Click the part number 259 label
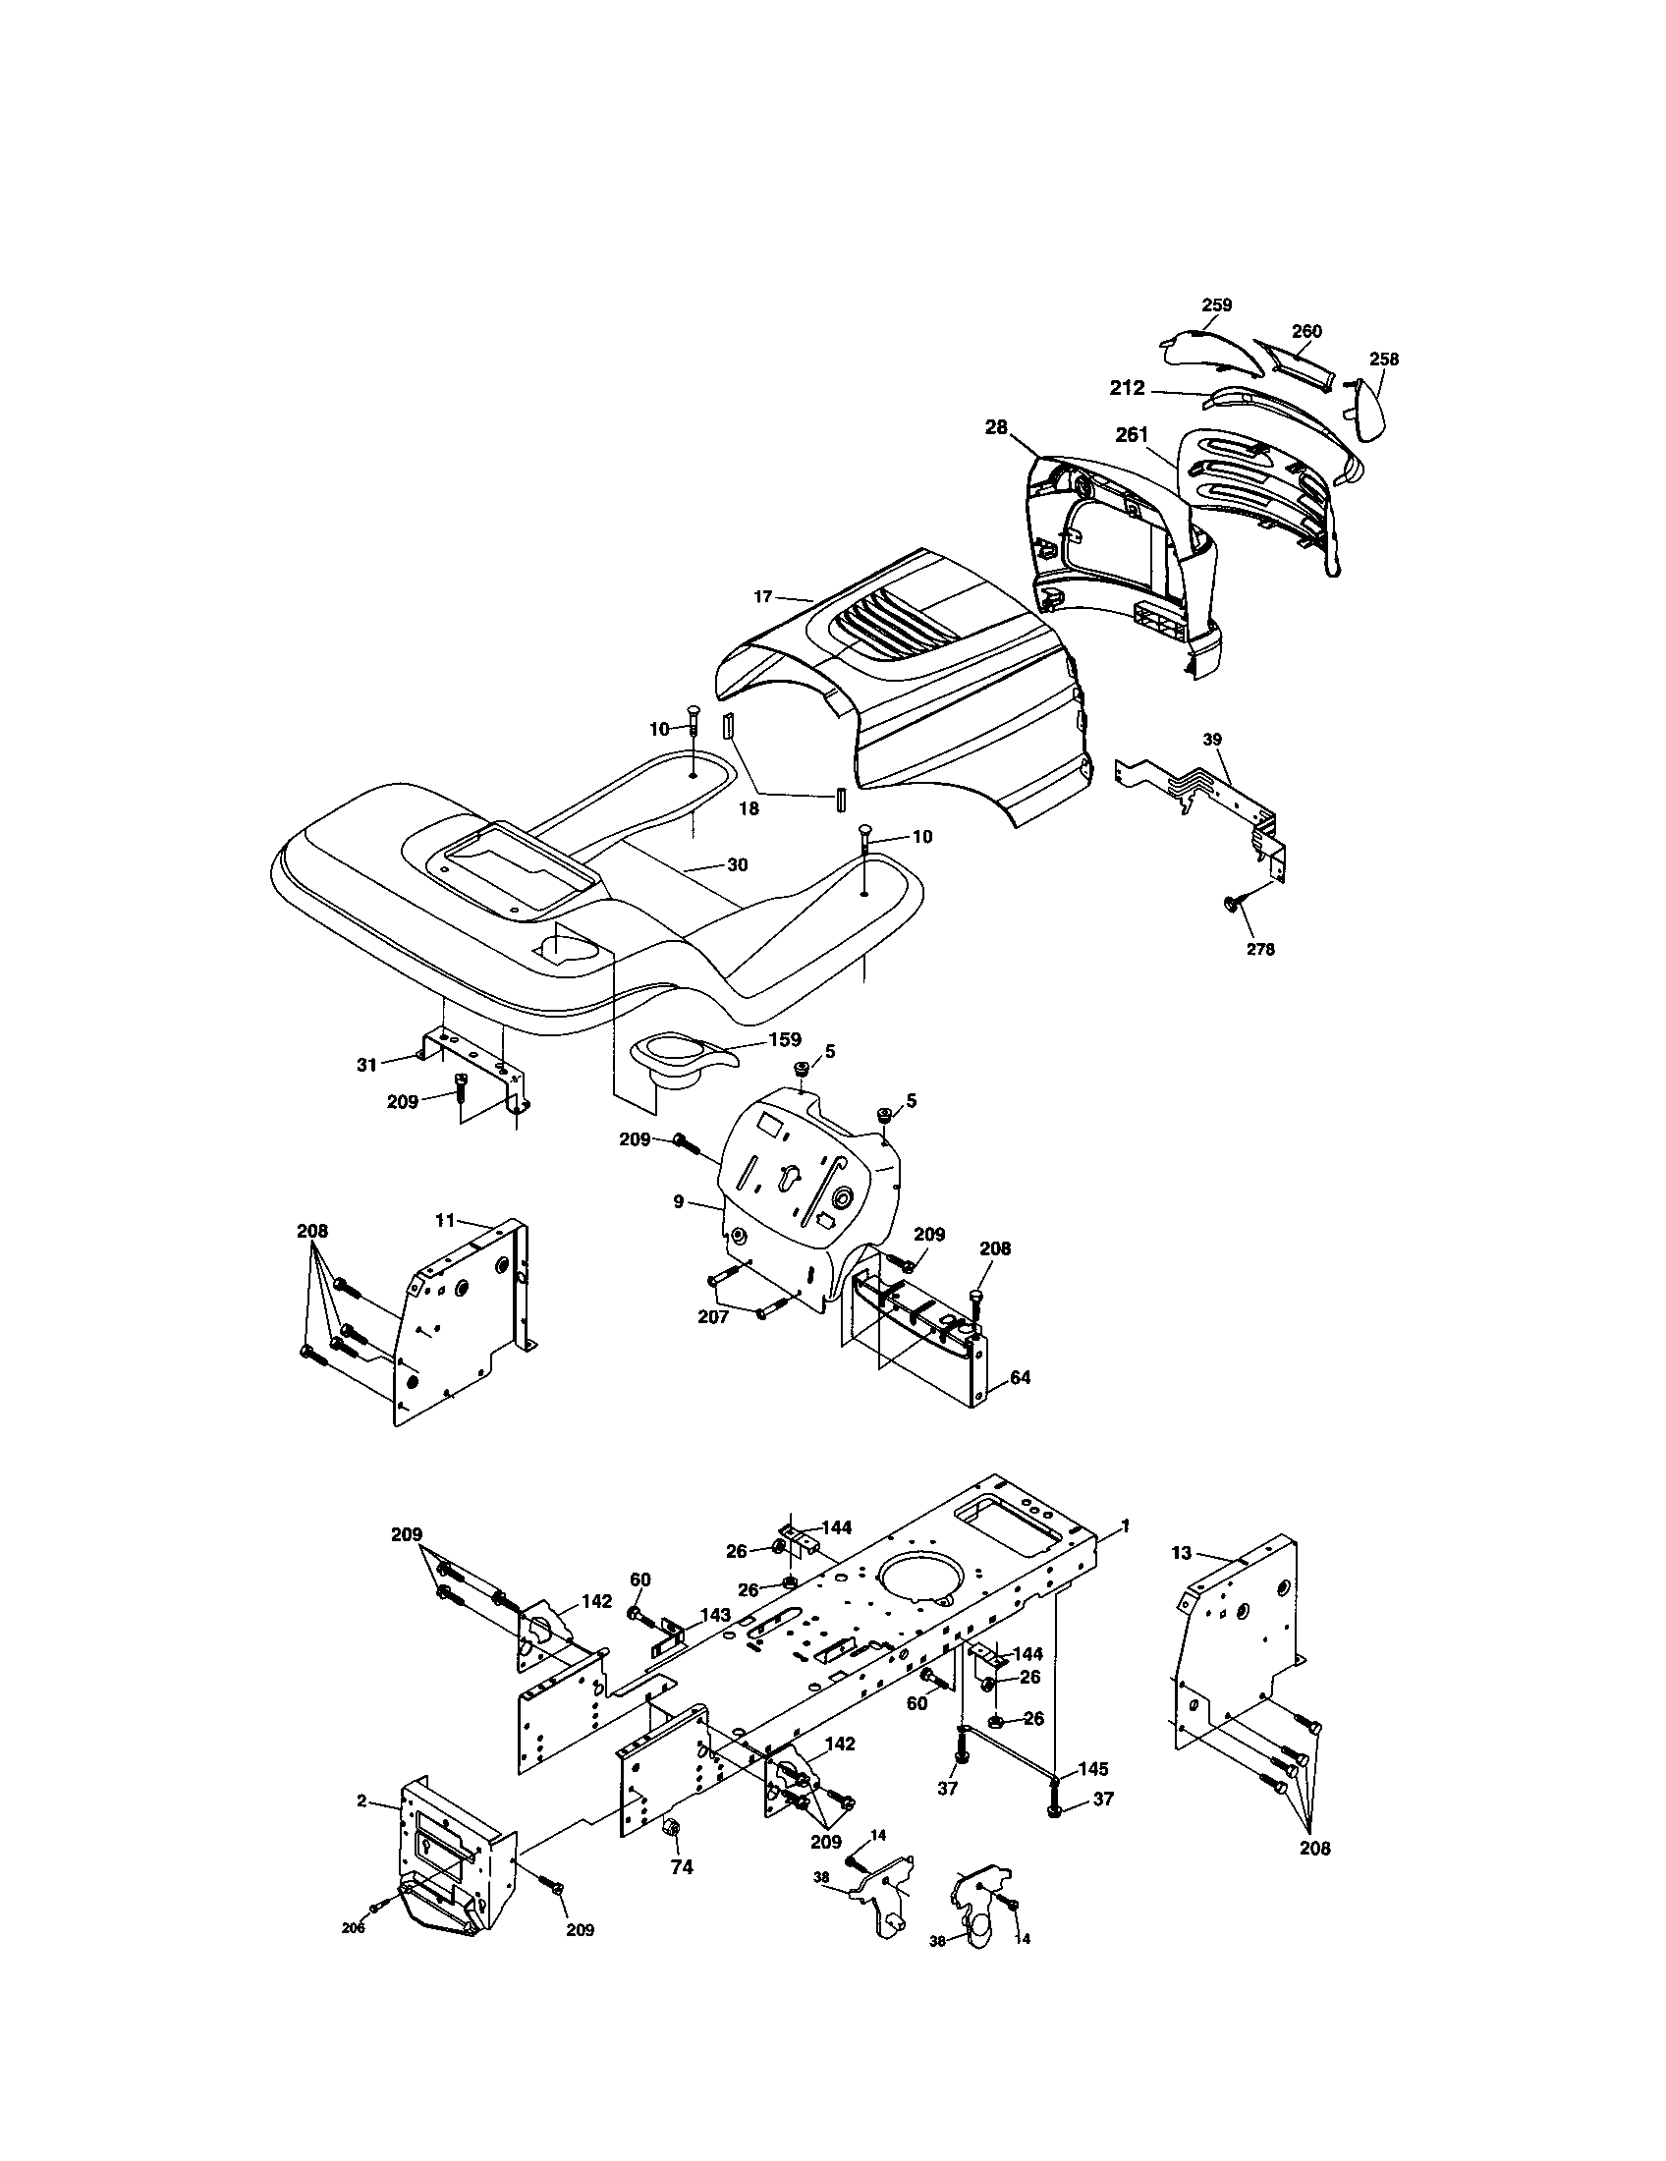pos(1216,305)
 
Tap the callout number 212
pos(1127,389)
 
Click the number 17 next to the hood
pos(761,596)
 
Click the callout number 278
pos(1259,949)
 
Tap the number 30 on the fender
pos(737,863)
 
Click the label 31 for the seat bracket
pos(367,1065)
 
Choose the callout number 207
pos(713,1317)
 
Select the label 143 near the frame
pos(715,1615)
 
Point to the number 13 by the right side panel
pos(1183,1554)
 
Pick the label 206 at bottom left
pos(354,1928)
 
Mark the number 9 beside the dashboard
pos(678,1202)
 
